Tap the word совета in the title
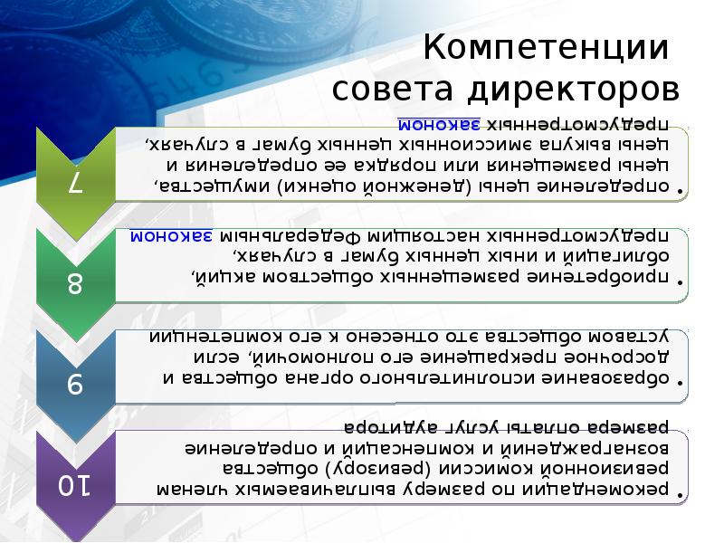tap(395, 90)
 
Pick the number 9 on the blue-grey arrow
tap(75, 385)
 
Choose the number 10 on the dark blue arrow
tap(75, 486)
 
